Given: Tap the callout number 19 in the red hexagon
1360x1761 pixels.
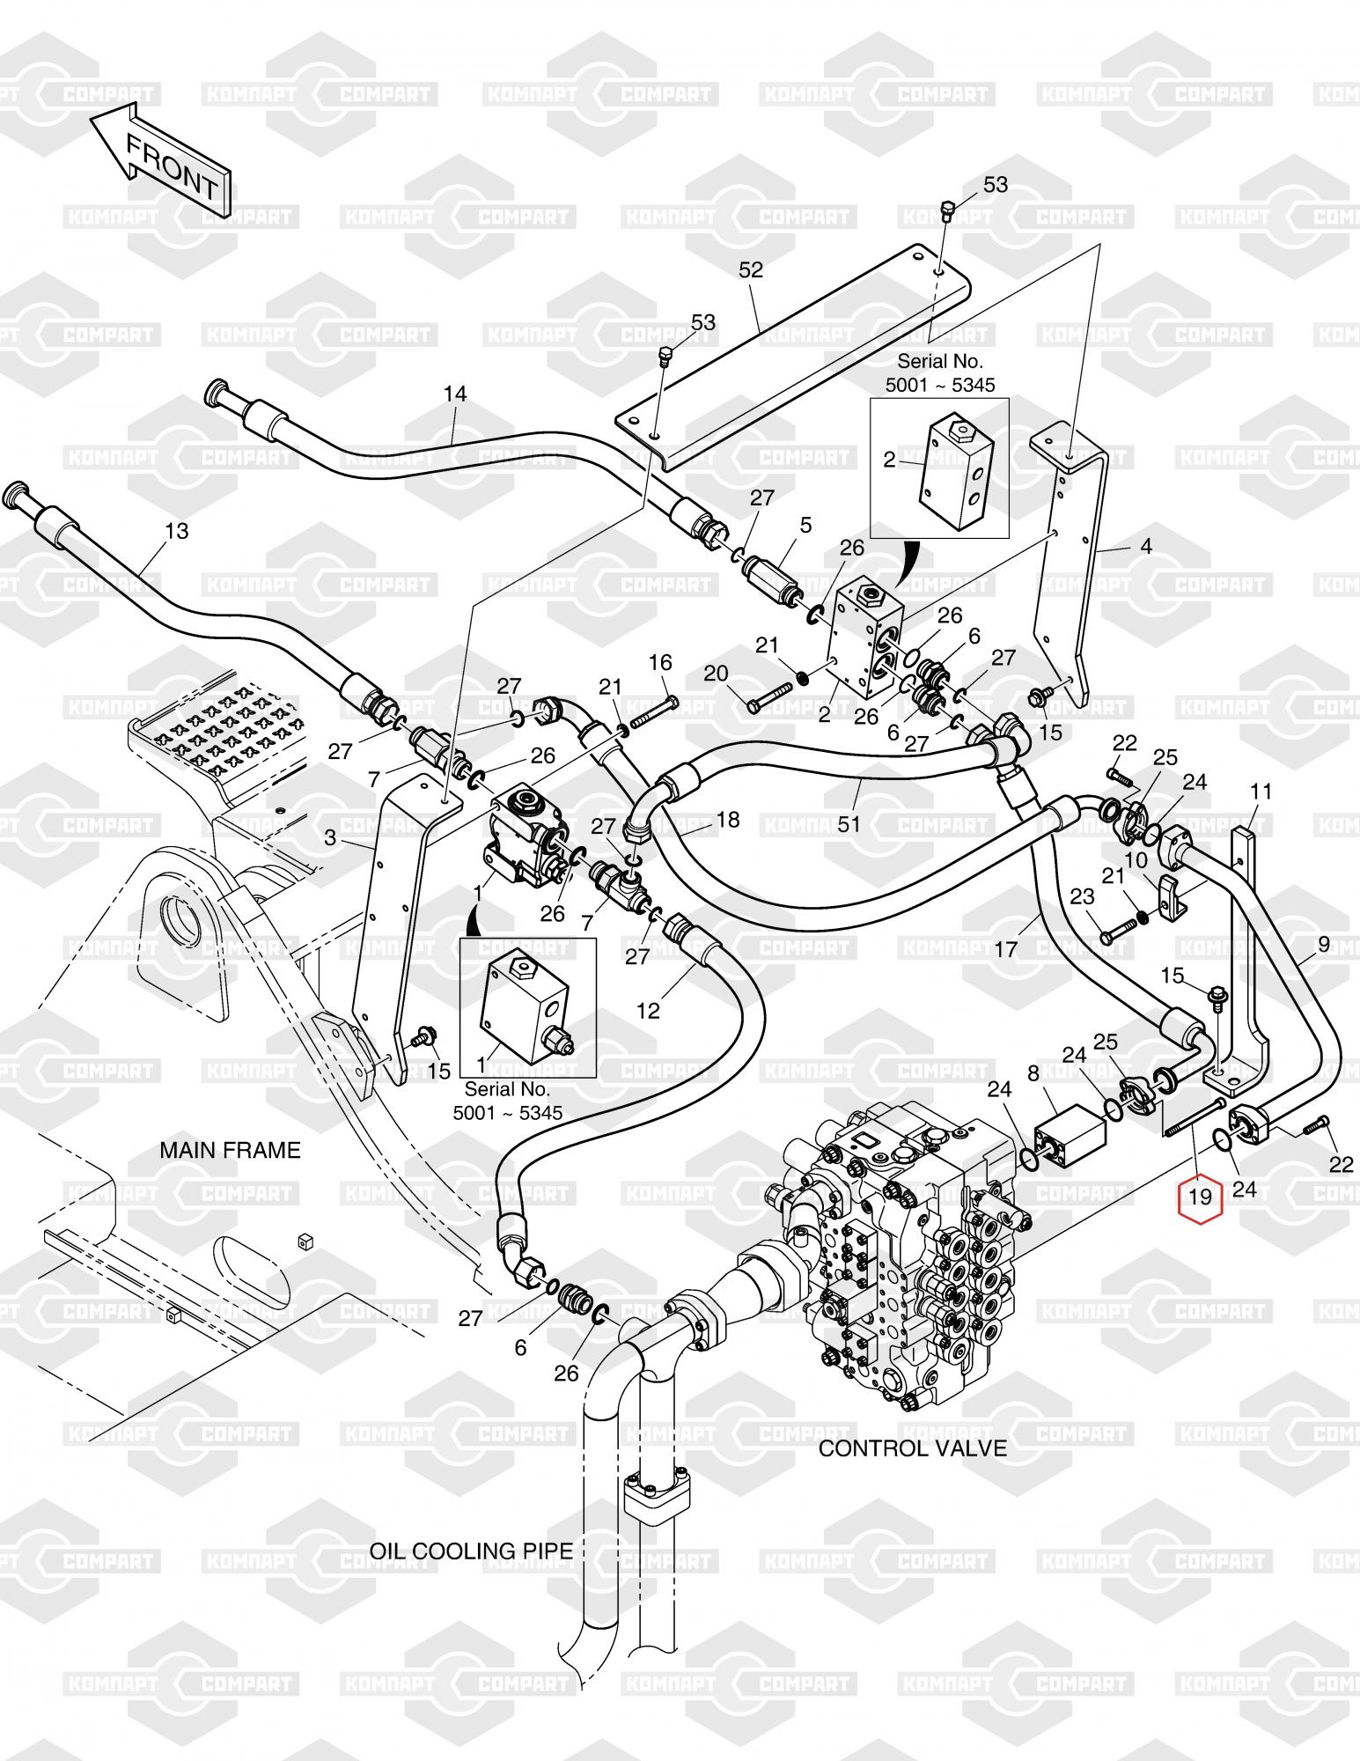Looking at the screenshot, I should [x=1201, y=1197].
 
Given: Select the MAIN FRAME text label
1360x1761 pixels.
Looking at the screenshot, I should [x=230, y=1150].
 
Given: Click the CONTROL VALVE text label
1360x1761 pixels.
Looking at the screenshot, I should [x=913, y=1448].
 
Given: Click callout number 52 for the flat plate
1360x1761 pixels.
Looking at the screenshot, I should [x=751, y=270].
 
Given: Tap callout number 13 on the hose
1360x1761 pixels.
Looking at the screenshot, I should [x=177, y=531].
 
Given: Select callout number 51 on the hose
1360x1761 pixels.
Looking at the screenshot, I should [x=849, y=824].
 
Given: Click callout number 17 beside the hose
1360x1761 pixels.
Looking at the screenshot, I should [x=1006, y=948].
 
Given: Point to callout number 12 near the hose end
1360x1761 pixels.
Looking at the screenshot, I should [x=648, y=1011].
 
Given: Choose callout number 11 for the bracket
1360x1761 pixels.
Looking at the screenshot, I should [x=1261, y=792].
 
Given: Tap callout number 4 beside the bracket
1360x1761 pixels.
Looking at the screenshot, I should [x=1145, y=546].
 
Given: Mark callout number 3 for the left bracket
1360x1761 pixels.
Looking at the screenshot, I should [x=330, y=837].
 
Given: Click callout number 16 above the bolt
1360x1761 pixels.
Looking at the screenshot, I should [x=660, y=662].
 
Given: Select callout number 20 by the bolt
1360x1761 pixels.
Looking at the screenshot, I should [x=716, y=674].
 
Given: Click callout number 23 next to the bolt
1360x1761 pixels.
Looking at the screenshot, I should [x=1082, y=896].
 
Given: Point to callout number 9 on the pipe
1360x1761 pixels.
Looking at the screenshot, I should [x=1324, y=947].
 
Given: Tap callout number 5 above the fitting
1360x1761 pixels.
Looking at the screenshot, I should [x=805, y=526].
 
